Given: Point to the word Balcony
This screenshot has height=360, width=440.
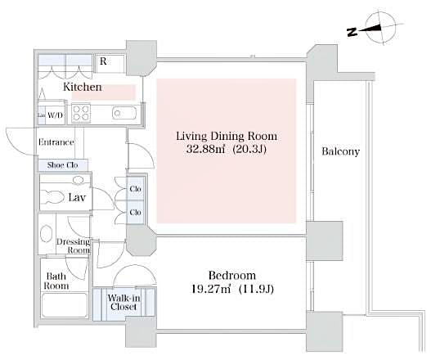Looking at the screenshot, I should click(x=340, y=151).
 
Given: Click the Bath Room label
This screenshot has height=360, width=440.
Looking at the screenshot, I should click(x=56, y=281).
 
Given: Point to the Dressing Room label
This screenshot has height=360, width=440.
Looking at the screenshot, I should click(x=73, y=245).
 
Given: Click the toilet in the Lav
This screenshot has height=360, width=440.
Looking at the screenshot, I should click(x=54, y=197).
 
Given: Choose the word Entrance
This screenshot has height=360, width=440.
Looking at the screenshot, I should click(x=56, y=142).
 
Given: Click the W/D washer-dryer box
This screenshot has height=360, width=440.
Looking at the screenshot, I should click(x=56, y=115).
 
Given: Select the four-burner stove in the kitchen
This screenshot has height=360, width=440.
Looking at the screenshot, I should click(x=81, y=113).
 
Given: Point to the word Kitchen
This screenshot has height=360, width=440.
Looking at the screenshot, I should click(x=83, y=86).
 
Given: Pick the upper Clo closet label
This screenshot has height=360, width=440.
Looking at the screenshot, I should click(x=135, y=190).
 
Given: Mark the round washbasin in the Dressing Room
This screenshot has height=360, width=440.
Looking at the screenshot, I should click(x=47, y=234).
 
